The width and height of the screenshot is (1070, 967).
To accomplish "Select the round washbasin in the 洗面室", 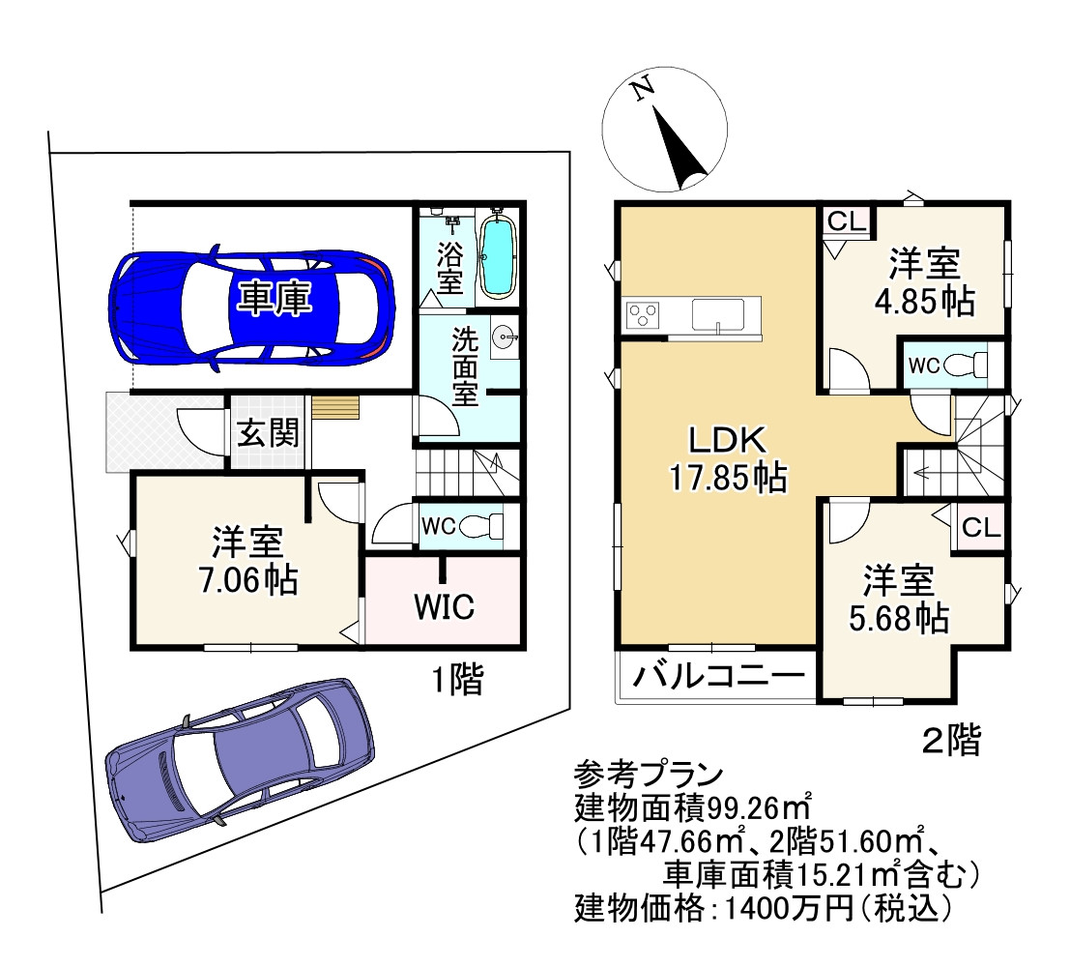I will point(504,338).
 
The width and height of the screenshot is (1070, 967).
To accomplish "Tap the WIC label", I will point(444,607).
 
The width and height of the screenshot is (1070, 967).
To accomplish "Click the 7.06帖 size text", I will point(248,580).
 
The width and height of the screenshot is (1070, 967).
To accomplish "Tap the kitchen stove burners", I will point(643,314).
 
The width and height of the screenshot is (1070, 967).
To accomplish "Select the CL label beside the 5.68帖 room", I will point(980,530).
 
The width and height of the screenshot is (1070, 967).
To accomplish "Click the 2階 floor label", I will point(951,742).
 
